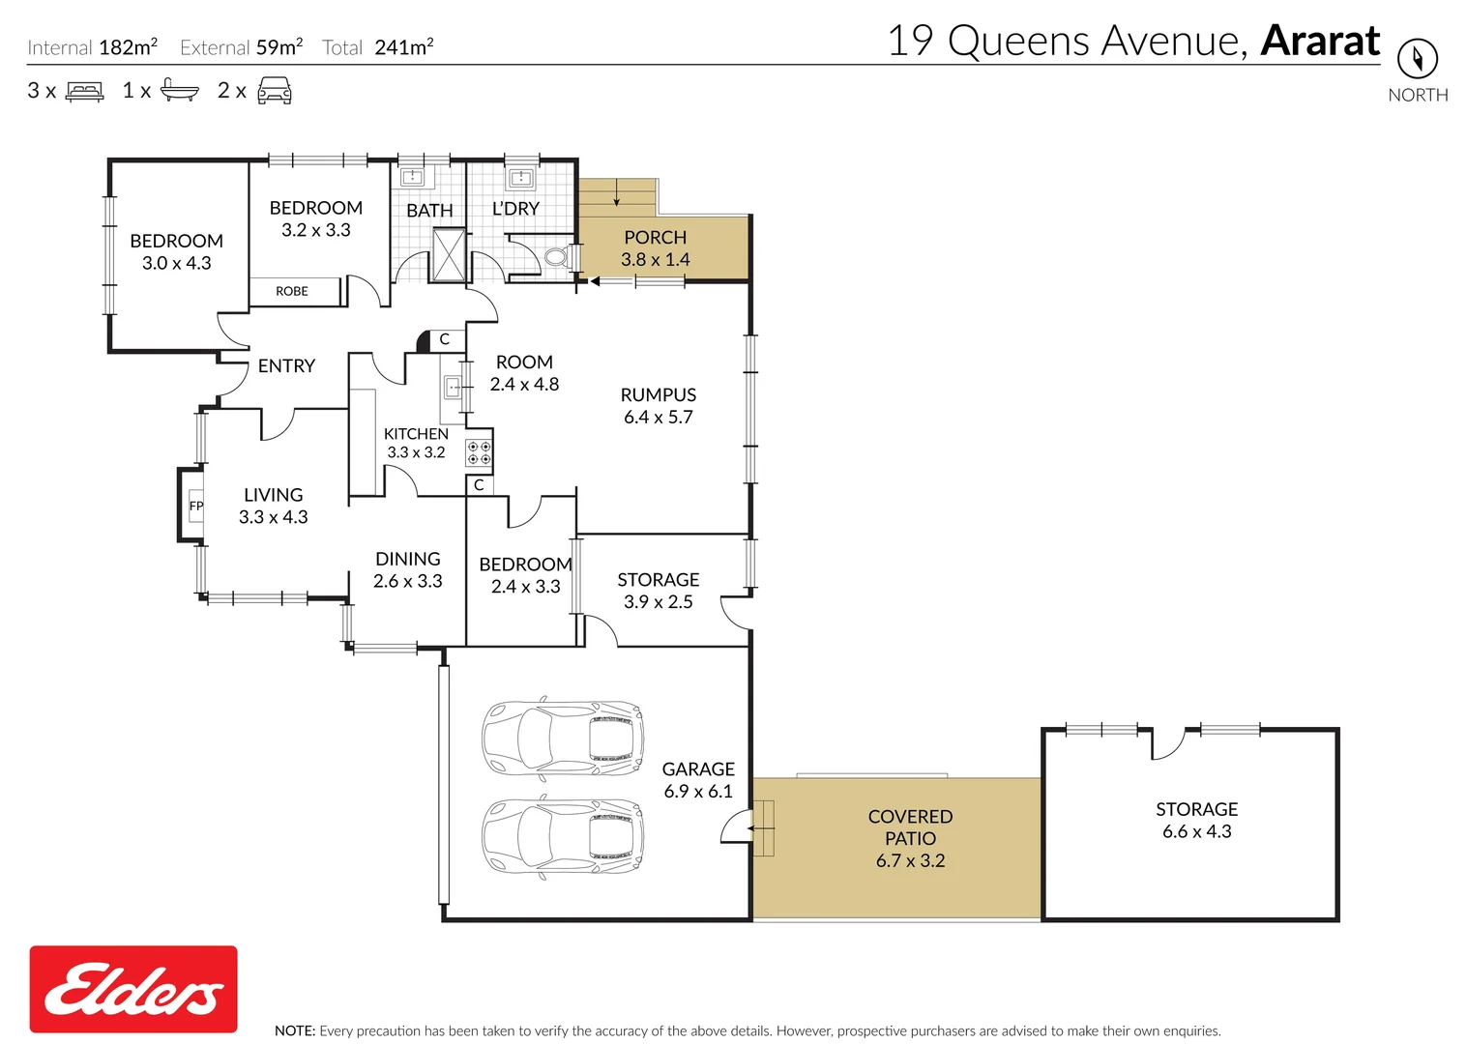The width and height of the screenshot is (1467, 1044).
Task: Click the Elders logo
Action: tap(133, 989)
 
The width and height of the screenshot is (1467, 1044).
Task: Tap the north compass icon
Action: tap(1417, 59)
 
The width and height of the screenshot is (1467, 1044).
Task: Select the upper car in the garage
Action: tap(563, 738)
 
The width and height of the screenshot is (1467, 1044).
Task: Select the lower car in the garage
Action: tap(563, 836)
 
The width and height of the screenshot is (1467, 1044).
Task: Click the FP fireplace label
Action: tap(196, 506)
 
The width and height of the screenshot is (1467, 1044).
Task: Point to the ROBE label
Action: tap(291, 291)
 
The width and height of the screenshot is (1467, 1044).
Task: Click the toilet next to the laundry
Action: tap(556, 257)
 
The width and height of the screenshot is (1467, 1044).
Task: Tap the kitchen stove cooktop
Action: tap(479, 453)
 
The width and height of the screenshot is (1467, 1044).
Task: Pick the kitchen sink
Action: tap(453, 388)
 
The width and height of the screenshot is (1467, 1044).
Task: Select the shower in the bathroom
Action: tap(448, 254)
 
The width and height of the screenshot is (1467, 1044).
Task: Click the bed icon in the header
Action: tap(84, 92)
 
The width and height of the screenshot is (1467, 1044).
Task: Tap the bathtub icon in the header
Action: tap(179, 91)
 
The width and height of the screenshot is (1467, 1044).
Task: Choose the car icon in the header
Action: tap(275, 92)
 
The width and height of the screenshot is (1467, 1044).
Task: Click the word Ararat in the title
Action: tap(1320, 42)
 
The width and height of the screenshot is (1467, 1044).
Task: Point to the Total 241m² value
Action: tap(403, 47)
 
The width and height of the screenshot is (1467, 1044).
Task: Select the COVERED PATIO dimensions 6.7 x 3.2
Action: tap(910, 860)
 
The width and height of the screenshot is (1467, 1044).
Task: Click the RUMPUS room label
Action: tap(658, 394)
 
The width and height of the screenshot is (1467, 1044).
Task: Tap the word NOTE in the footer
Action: tap(294, 1030)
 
